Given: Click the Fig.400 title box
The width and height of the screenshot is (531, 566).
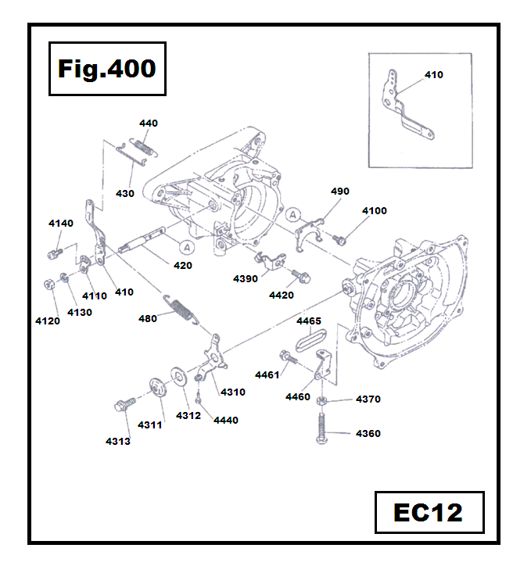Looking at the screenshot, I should pos(106,69).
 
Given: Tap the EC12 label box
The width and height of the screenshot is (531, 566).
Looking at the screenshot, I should pos(429,513).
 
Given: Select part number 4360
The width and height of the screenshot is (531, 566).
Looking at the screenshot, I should pos(368,433).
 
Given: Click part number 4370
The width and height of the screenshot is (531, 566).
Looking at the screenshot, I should pos(368,399).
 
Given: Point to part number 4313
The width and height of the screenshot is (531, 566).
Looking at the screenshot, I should pos(118,441).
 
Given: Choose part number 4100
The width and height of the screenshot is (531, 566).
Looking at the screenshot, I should pos(374,211).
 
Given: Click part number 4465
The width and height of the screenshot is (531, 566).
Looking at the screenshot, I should pos(309,321).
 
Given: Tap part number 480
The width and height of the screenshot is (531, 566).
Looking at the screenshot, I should pos(148,318).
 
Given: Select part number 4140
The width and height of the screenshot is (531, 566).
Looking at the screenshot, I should pos(61,224).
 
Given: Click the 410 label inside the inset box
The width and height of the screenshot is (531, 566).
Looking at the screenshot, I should pos(433,75).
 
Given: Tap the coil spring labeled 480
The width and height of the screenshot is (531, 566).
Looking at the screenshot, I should pos(180,308).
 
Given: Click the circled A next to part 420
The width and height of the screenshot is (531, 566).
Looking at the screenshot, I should pos(186,247).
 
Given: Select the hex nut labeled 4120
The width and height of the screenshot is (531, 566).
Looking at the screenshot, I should pos(48,282).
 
